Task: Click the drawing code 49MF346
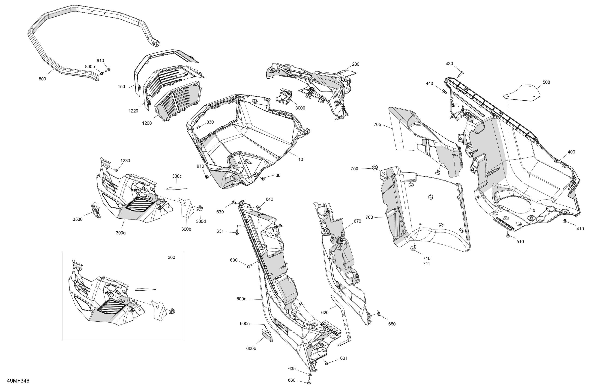click(x=18, y=381)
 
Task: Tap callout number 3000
click(x=300, y=108)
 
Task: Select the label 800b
click(x=90, y=67)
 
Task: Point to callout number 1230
click(x=125, y=160)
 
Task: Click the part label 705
click(x=377, y=125)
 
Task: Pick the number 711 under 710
click(x=426, y=264)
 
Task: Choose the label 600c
click(x=245, y=324)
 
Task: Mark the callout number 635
click(x=292, y=369)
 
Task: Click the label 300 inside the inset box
click(x=171, y=257)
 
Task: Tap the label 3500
click(x=78, y=220)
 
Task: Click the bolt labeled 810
click(x=107, y=69)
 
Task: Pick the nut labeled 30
click(x=263, y=179)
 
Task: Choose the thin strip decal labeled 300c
click(x=177, y=188)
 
